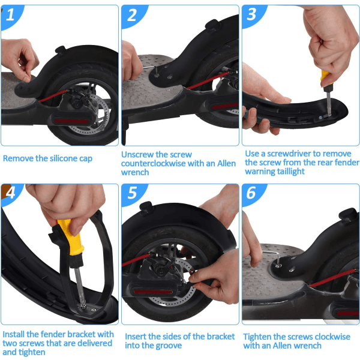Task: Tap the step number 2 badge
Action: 133,16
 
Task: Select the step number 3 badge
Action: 252,15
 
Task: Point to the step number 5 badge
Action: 133,193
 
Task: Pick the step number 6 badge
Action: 251,193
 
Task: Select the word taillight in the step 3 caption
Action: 290,172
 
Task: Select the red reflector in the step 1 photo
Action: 71,121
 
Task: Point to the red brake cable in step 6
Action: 332,278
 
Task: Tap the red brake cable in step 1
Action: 53,95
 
